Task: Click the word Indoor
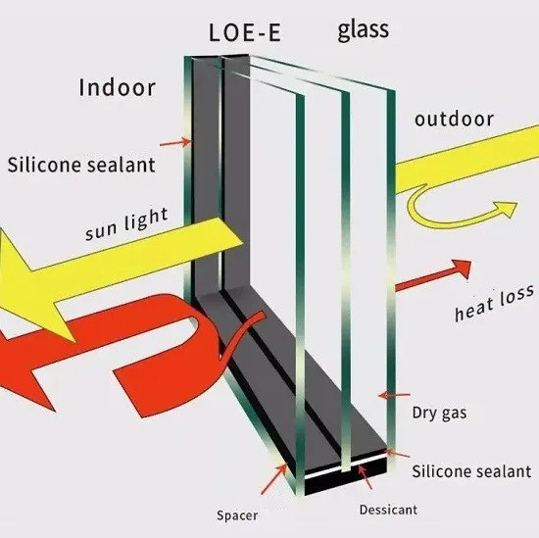pyautogui.click(x=117, y=87)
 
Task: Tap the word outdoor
pyautogui.click(x=454, y=120)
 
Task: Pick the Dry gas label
pyautogui.click(x=438, y=413)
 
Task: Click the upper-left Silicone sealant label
pyautogui.click(x=81, y=165)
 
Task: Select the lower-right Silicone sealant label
pyautogui.click(x=469, y=471)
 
